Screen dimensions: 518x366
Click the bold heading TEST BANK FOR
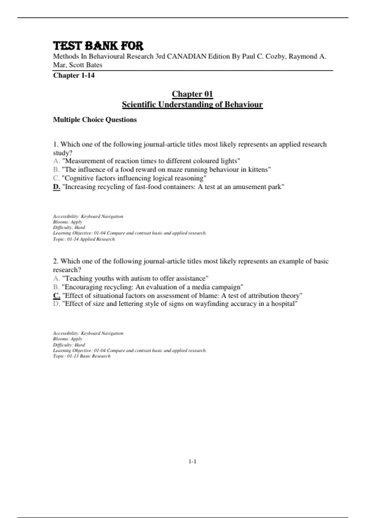coord(98,46)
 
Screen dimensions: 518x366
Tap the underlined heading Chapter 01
coord(192,94)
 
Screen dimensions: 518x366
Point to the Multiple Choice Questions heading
coord(95,120)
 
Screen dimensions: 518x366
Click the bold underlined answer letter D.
coord(56,187)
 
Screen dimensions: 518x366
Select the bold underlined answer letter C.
coord(56,296)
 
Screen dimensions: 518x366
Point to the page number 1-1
coord(192,462)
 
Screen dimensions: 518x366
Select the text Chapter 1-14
coord(74,75)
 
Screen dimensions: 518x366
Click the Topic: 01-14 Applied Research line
coord(84,239)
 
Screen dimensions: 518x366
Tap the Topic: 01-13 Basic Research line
coord(82,356)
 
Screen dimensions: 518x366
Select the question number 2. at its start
coord(56,261)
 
